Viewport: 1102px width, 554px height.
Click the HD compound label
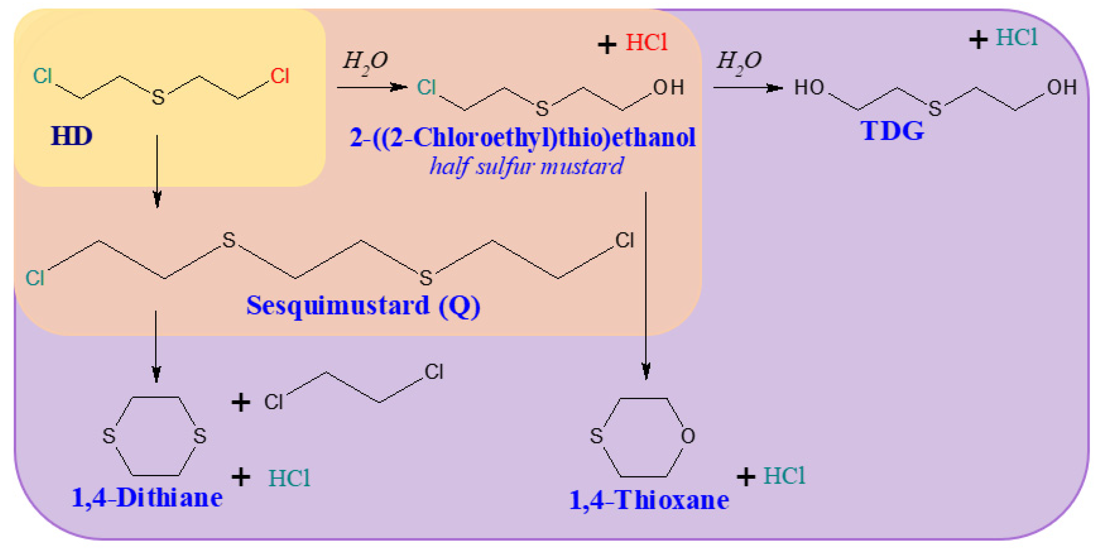[x=72, y=136]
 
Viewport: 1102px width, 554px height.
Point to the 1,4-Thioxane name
[x=649, y=500]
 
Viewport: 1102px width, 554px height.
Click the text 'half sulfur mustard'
[x=526, y=166]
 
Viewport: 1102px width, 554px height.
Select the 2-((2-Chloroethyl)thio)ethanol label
[x=522, y=138]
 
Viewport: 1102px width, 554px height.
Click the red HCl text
[x=646, y=43]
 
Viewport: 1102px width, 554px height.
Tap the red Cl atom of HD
[x=280, y=76]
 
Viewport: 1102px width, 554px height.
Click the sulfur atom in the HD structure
[x=158, y=97]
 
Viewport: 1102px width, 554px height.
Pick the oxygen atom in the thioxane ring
[x=687, y=436]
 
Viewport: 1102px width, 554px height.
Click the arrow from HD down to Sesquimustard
[x=157, y=171]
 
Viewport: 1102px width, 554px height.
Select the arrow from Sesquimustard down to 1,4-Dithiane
[x=156, y=346]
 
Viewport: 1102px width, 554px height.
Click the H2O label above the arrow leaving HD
[x=365, y=61]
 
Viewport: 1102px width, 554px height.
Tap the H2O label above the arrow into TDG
[x=739, y=61]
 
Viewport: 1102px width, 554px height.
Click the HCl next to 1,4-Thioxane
[x=784, y=476]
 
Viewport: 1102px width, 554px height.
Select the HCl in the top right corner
[x=1016, y=37]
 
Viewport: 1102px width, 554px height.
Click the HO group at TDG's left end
[x=809, y=88]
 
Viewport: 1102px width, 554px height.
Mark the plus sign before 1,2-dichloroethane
[x=241, y=402]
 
